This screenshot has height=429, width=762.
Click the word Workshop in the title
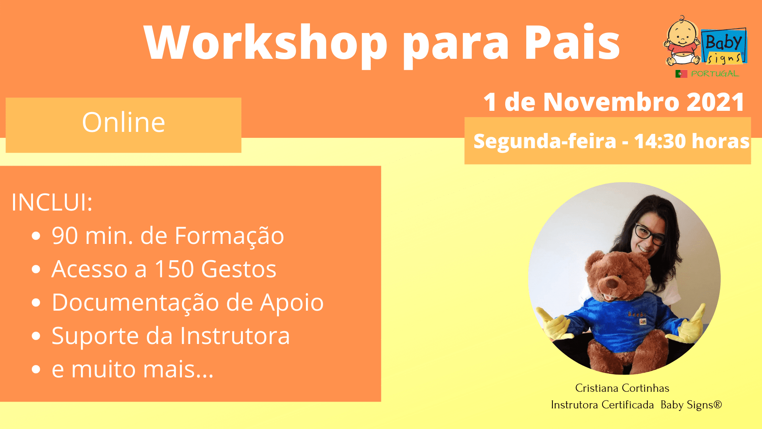(x=266, y=43)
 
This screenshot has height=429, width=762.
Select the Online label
(x=123, y=122)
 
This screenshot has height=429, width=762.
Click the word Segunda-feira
(x=545, y=142)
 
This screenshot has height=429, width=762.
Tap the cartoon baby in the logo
(x=683, y=41)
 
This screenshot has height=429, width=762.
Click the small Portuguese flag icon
(x=681, y=74)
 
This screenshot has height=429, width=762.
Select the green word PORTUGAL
(x=715, y=73)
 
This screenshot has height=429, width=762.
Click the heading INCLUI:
(x=52, y=202)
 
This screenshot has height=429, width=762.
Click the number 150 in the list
(x=174, y=269)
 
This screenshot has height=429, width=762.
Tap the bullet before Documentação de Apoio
(x=36, y=303)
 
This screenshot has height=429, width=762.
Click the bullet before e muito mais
(x=36, y=369)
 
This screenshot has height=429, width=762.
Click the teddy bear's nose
(x=612, y=283)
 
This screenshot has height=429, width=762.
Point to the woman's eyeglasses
(x=650, y=234)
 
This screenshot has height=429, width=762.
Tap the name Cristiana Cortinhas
(x=622, y=388)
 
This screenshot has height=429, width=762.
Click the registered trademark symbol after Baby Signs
(x=718, y=404)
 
